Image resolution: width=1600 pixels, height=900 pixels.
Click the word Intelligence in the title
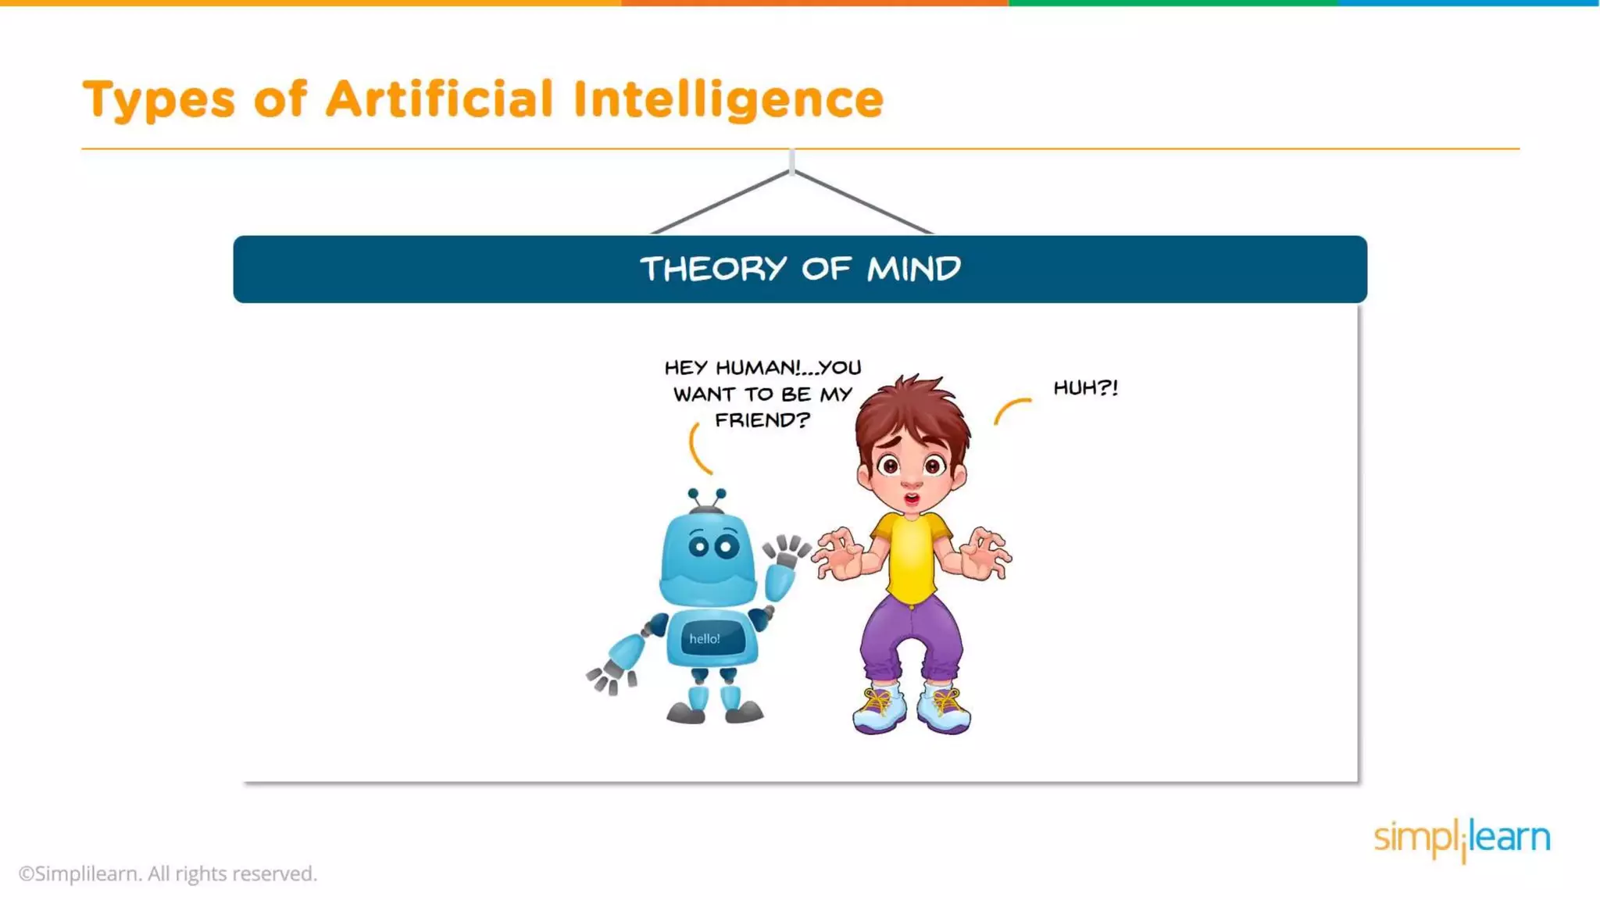(x=728, y=100)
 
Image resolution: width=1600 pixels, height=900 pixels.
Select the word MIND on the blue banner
(x=913, y=270)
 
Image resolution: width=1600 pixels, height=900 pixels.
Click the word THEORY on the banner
(x=713, y=270)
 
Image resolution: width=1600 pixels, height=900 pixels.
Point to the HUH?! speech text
(x=1085, y=387)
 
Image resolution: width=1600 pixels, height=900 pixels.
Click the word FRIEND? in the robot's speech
(x=762, y=420)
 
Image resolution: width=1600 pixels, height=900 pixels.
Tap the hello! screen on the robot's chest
(x=705, y=639)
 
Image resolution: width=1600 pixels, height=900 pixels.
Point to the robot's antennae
(x=706, y=498)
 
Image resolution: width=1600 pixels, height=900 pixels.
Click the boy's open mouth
(x=911, y=498)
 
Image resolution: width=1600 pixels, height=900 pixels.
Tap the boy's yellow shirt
(x=911, y=556)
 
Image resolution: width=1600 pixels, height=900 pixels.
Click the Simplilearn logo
(x=1462, y=839)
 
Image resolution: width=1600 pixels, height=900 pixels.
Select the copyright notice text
(x=168, y=873)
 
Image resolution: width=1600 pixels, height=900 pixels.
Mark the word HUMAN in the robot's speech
(x=757, y=368)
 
